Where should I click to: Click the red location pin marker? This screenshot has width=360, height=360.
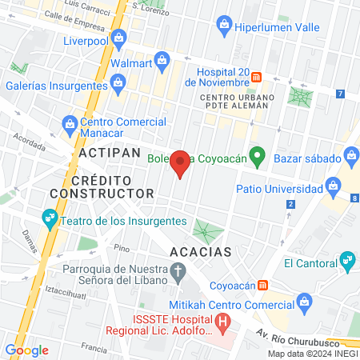click(181, 163)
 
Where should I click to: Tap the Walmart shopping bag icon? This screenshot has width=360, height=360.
click(162, 58)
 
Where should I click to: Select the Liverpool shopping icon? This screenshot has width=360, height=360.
click(119, 36)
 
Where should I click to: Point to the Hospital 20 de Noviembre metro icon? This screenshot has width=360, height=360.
click(257, 77)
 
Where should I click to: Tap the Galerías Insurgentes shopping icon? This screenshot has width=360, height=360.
click(118, 82)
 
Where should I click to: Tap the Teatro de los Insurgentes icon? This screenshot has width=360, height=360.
click(49, 218)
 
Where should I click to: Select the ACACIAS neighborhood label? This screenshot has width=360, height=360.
click(201, 251)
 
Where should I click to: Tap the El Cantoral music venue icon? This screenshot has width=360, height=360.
click(347, 258)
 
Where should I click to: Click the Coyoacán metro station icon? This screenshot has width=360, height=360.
click(273, 285)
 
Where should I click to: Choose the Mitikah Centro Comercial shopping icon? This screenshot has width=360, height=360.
click(303, 301)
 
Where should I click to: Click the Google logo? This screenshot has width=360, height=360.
click(27, 350)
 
